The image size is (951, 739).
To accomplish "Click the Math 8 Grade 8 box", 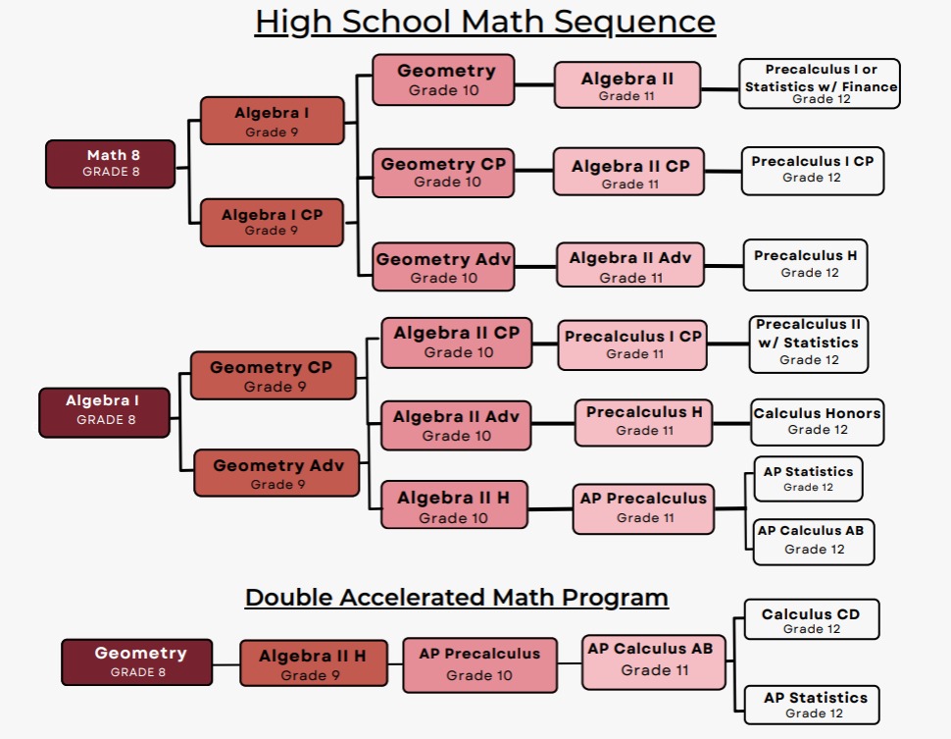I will (110, 163).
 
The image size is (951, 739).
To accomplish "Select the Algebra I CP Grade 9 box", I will (272, 222).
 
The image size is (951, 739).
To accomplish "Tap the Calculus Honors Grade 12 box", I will (817, 421).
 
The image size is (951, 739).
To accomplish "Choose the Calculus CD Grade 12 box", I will (811, 620).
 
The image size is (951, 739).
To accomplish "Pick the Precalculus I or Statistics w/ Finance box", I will (820, 83).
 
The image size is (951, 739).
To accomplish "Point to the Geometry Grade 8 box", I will (137, 661).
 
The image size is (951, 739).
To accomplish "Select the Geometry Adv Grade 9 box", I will (276, 473).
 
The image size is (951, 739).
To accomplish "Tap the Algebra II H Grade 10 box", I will (452, 506).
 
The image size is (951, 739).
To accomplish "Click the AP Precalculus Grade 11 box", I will (643, 507).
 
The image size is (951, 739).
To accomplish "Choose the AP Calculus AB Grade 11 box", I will (650, 659).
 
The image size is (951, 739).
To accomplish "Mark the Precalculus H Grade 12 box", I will (805, 264).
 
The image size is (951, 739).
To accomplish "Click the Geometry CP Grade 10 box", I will (443, 173).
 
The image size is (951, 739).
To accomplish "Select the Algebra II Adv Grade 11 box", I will (630, 267).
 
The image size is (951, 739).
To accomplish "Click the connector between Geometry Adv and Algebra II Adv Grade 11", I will (535, 266).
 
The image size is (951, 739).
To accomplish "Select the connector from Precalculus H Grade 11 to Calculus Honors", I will (731, 423).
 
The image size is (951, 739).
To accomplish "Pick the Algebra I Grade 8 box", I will (104, 411).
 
